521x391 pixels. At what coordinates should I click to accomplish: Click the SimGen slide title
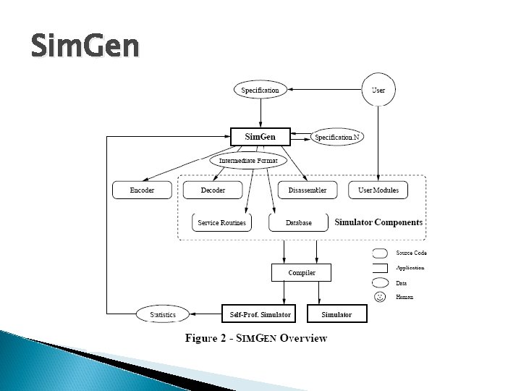(x=85, y=47)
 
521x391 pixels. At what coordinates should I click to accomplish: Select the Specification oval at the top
(x=260, y=91)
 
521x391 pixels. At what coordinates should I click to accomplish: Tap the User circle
(x=378, y=91)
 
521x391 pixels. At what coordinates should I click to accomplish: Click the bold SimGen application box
(x=260, y=137)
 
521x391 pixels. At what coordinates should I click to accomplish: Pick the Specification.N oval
(x=337, y=137)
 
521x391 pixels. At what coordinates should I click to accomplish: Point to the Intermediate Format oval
(x=248, y=159)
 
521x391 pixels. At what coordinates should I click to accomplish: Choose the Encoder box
(x=142, y=190)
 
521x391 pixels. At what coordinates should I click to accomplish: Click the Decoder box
(x=213, y=190)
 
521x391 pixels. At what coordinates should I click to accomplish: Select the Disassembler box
(x=308, y=190)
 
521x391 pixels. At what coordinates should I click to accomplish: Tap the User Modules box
(x=378, y=190)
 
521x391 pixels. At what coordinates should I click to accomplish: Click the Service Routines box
(x=222, y=223)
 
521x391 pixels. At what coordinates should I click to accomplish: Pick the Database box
(x=298, y=223)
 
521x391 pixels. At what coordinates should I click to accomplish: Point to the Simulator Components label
(x=378, y=222)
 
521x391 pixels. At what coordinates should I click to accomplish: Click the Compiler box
(x=302, y=273)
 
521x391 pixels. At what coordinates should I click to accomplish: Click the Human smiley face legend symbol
(x=380, y=297)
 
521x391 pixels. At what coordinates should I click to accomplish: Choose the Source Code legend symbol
(x=380, y=253)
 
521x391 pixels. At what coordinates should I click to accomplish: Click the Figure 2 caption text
(x=256, y=338)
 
